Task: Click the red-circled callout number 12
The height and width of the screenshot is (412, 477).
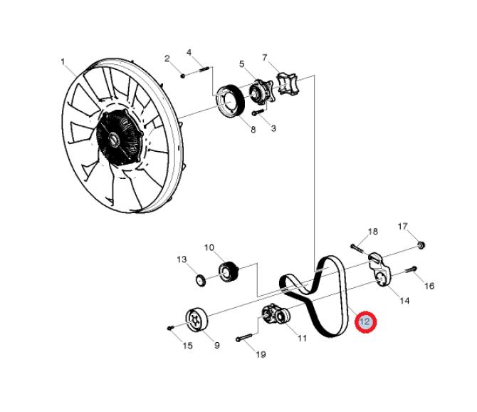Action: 365,322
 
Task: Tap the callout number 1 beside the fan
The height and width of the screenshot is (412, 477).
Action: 63,62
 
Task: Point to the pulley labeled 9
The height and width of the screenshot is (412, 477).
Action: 194,317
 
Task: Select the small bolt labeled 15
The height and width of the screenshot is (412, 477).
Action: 170,327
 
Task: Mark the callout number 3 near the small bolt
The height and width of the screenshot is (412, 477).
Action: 274,128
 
